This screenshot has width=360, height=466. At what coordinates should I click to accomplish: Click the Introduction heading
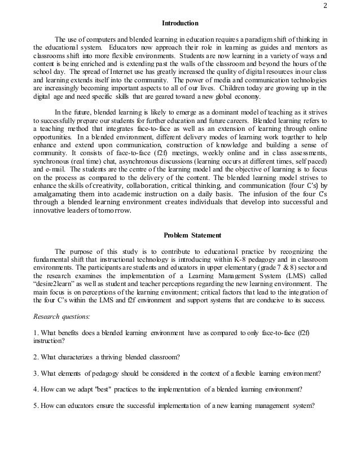point(180,24)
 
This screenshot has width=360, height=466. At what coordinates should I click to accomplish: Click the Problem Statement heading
point(180,235)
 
